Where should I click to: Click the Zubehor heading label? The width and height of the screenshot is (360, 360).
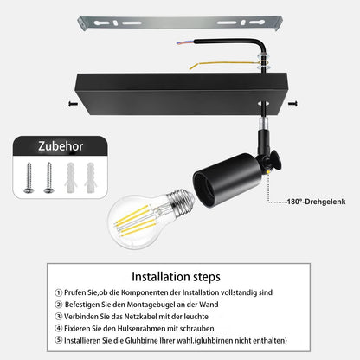[x=61, y=146]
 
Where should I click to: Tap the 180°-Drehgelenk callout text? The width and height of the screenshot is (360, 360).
[x=316, y=202]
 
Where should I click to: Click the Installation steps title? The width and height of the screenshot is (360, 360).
[x=176, y=277]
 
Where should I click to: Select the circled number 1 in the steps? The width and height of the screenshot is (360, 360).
[x=59, y=292]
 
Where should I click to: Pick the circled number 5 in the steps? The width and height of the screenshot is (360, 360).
[x=59, y=340]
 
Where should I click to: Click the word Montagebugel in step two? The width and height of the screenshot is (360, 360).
[x=151, y=305]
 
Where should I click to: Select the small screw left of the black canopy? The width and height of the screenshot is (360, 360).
[x=74, y=104]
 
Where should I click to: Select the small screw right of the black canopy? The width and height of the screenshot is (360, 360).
[x=292, y=103]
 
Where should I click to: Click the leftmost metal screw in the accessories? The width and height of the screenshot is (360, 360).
[x=29, y=177]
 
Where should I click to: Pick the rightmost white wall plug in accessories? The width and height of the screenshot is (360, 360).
[x=90, y=177]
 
